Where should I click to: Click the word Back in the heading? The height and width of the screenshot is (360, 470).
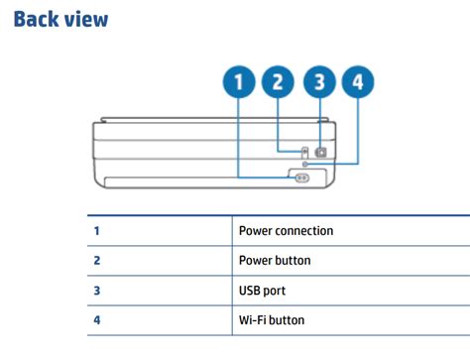click(37, 19)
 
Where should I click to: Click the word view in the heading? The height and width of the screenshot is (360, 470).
click(87, 19)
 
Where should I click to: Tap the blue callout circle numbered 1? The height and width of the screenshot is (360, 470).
click(238, 81)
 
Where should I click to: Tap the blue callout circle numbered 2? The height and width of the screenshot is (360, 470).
click(278, 81)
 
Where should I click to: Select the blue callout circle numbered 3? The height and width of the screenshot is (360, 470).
click(318, 81)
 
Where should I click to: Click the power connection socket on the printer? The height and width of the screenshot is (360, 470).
click(301, 177)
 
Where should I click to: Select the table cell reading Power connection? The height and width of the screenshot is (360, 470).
click(286, 231)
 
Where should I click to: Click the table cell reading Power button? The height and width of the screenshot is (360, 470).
click(275, 261)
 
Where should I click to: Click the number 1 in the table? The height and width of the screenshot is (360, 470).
click(97, 231)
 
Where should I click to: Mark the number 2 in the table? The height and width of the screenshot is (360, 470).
click(97, 261)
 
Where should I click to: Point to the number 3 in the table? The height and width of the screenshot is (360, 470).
click(97, 291)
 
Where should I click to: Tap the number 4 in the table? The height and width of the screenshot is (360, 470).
click(97, 320)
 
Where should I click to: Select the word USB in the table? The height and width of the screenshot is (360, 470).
click(251, 291)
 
